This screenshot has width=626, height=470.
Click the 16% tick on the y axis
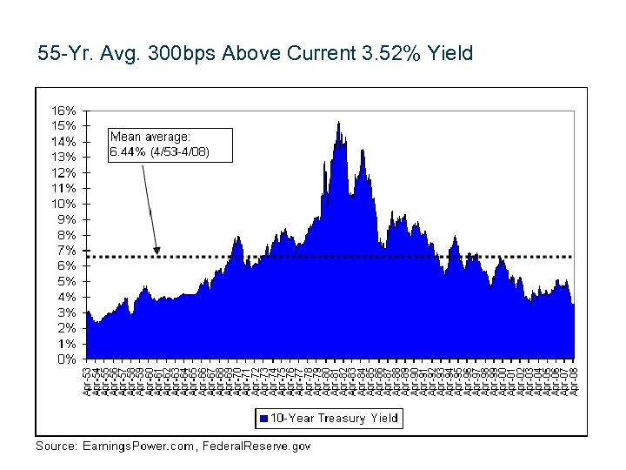click(64, 111)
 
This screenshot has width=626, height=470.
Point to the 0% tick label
click(68, 359)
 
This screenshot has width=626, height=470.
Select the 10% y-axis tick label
click(64, 204)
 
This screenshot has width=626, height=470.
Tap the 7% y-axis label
click(68, 251)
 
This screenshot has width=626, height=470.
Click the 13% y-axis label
click(64, 157)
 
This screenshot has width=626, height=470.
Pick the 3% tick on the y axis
click(68, 312)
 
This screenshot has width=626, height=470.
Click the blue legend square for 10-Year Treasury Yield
click(263, 419)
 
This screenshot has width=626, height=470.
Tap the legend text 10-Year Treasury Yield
click(334, 419)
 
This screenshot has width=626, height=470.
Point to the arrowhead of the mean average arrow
click(156, 252)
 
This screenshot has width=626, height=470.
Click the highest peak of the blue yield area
click(338, 123)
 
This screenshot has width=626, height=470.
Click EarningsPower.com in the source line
click(139, 446)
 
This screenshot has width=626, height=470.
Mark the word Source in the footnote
click(55, 446)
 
